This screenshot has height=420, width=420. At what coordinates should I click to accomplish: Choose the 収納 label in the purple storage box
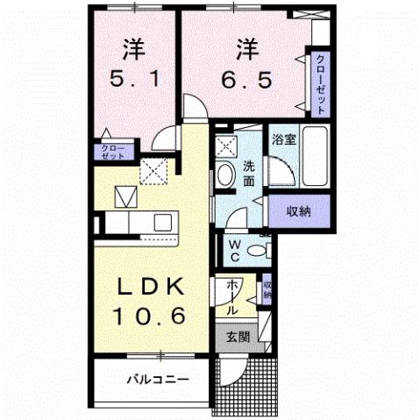tap(298, 210)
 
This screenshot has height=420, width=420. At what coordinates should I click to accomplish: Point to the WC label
tap(235, 250)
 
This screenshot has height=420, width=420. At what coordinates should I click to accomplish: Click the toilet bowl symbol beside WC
tap(258, 251)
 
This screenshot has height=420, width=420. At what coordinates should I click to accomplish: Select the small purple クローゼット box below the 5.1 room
tap(111, 151)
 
